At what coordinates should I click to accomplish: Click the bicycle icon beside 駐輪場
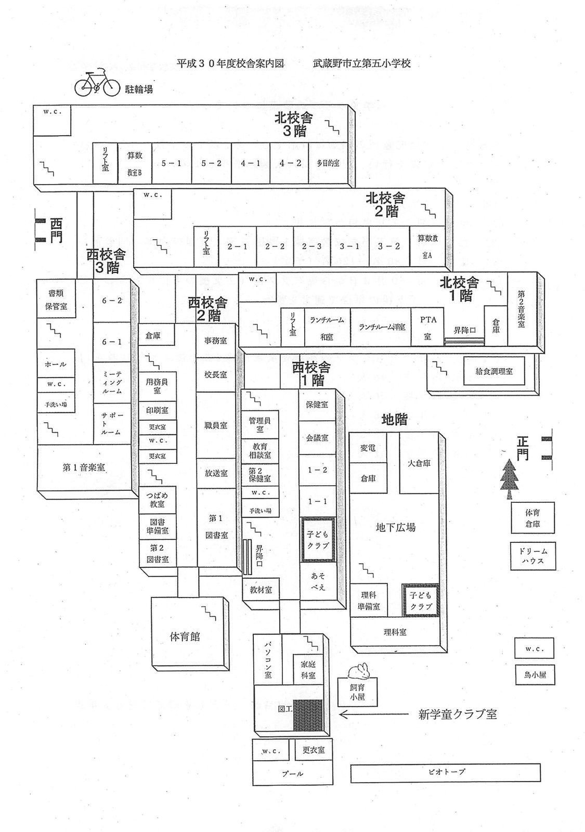coord(97,84)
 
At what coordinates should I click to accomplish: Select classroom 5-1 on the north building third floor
coord(172,163)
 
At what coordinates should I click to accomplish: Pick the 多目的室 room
coord(328,163)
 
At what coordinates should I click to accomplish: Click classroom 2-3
coord(312,246)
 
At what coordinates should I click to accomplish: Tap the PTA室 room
coord(428,328)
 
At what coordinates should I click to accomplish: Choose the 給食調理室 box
coord(494,371)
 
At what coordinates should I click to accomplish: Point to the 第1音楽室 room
coord(84,467)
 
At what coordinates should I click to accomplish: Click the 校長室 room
coord(216,374)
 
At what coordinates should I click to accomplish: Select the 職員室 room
coord(216,425)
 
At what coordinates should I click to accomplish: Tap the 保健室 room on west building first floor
coord(317,404)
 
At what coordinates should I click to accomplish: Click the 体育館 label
coord(185,636)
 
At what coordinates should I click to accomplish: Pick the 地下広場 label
coord(395,527)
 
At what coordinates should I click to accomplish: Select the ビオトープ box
coord(446,772)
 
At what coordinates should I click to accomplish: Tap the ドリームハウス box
coord(532,555)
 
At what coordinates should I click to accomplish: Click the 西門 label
coord(56,230)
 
